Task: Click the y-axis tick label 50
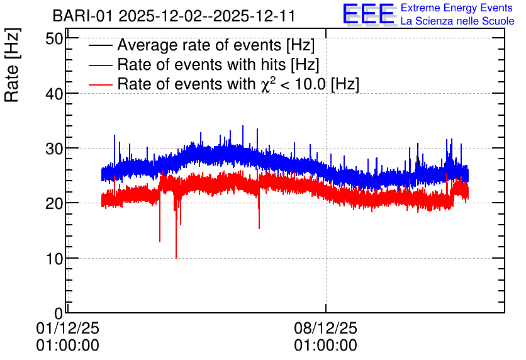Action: [54, 39]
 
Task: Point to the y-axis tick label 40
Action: [54, 94]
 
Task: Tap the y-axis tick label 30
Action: [54, 149]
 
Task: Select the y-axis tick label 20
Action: [54, 203]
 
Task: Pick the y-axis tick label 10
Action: [54, 259]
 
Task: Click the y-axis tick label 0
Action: [59, 313]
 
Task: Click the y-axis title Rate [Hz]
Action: [12, 65]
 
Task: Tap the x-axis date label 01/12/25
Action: [67, 328]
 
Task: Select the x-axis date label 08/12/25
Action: [326, 328]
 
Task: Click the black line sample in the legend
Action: [100, 45]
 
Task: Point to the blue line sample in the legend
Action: [100, 65]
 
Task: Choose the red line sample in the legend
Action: [100, 84]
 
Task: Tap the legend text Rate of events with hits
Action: [201, 65]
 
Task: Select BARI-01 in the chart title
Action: [82, 16]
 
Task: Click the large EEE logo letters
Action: [368, 13]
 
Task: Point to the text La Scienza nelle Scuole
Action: [457, 21]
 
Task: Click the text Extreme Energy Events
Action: [457, 8]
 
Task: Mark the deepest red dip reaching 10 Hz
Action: [176, 257]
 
